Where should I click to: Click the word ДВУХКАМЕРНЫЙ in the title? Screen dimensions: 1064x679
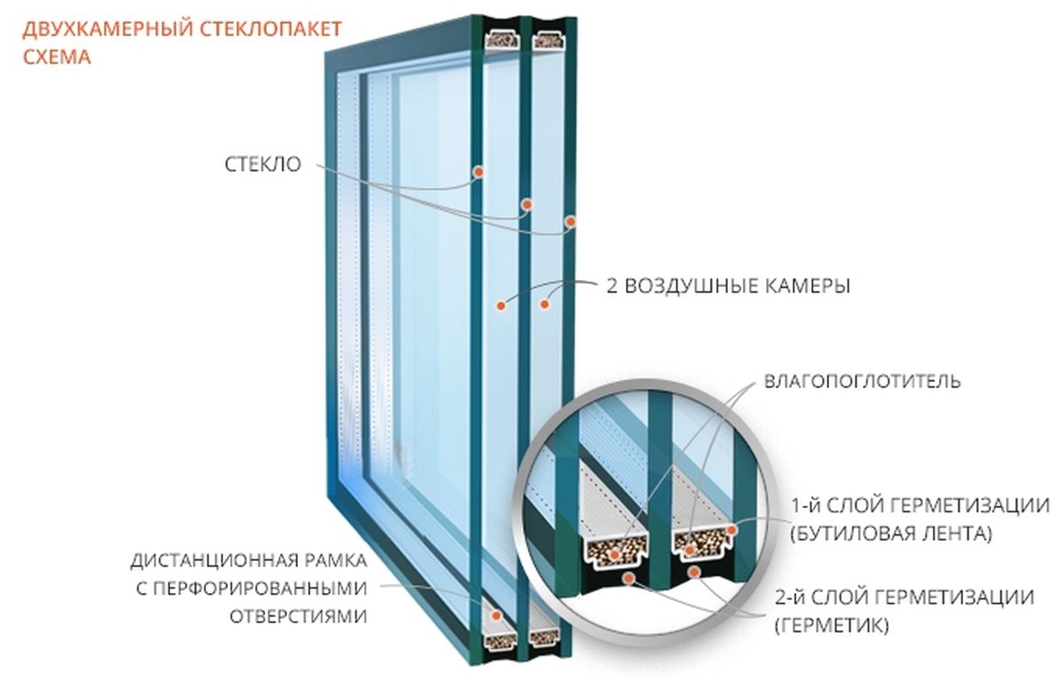(107, 29)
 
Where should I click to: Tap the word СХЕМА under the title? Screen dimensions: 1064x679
(57, 58)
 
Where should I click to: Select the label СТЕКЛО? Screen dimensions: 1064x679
(262, 164)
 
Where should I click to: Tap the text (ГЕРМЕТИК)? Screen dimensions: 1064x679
(832, 626)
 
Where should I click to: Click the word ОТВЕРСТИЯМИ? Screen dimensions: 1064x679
(298, 617)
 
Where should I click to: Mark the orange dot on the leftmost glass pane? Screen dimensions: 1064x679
(479, 171)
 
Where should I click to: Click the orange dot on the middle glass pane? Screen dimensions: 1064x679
(527, 205)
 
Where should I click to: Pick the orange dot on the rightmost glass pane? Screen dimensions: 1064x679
(570, 222)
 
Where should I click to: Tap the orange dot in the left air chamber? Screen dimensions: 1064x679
(500, 306)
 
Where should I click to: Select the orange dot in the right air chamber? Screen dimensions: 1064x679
(544, 304)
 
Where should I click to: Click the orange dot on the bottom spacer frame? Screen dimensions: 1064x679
(497, 615)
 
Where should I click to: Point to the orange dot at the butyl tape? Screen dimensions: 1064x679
(731, 529)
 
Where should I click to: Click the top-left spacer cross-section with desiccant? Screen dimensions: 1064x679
(501, 38)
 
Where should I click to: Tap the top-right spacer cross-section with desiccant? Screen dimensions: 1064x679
(548, 39)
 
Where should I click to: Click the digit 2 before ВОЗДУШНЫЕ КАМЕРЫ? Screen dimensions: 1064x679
(612, 285)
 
